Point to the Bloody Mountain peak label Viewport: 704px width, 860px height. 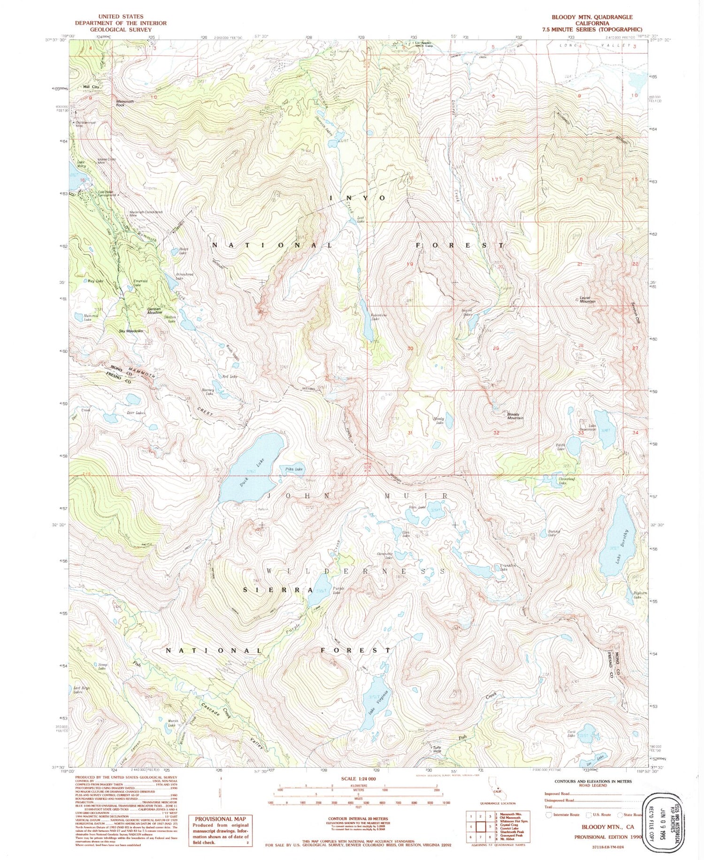click(515, 416)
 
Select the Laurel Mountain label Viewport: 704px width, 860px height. click(588, 299)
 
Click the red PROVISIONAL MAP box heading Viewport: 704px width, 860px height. click(220, 819)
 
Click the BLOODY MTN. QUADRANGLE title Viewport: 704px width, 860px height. click(591, 17)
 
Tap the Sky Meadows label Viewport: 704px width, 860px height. click(130, 331)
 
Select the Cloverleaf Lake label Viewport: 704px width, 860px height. click(566, 480)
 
